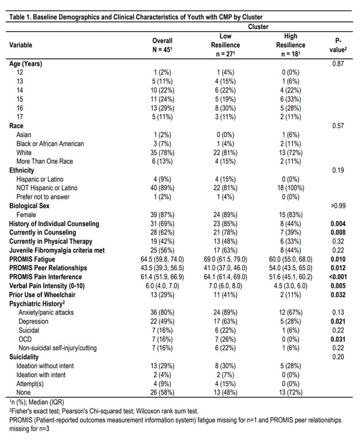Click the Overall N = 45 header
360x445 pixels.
(x=162, y=45)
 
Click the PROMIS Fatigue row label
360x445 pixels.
(x=33, y=260)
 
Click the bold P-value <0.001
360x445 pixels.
(x=338, y=278)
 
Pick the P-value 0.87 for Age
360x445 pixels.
(x=338, y=63)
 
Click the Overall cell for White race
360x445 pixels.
(x=162, y=152)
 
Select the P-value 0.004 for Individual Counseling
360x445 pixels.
(x=338, y=223)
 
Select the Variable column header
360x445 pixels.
(x=21, y=44)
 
